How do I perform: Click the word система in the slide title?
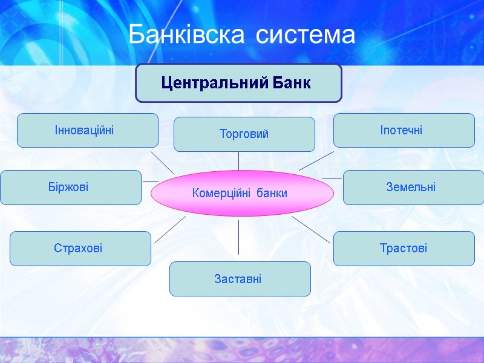(305, 35)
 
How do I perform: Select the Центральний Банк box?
(238, 83)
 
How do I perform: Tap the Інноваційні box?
(88, 130)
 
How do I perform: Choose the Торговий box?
(244, 134)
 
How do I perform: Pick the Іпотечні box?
(404, 130)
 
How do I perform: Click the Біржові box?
(70, 187)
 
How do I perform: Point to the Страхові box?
(80, 248)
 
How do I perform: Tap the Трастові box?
(404, 248)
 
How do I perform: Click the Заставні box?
(240, 279)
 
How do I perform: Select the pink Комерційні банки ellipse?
(241, 193)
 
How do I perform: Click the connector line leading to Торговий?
(238, 161)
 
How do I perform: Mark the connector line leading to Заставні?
(238, 237)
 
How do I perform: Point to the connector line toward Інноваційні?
(162, 162)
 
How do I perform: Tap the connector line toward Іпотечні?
(316, 161)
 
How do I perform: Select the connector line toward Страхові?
(170, 229)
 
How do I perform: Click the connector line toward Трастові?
(311, 229)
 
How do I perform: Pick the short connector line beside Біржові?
(150, 181)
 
